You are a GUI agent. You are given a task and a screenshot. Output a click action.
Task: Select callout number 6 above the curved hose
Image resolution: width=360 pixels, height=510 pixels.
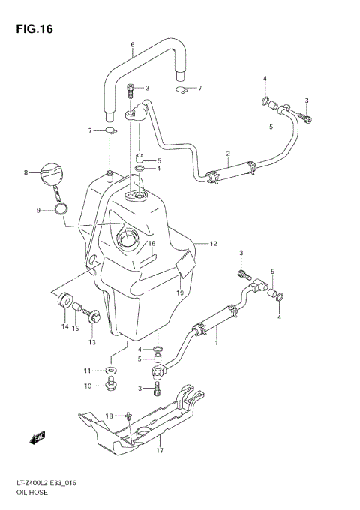click(x=133, y=44)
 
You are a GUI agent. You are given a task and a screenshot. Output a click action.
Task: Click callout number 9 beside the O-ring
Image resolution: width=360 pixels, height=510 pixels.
click(x=38, y=211)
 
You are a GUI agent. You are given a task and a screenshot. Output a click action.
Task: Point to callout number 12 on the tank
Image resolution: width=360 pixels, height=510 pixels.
click(x=213, y=243)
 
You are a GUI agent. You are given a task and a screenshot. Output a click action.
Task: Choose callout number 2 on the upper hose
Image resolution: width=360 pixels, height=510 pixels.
click(x=226, y=154)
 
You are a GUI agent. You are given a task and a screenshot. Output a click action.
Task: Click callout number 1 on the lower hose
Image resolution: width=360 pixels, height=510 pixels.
click(x=217, y=343)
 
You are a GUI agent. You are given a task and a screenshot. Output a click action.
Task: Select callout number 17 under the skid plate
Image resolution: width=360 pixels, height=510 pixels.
click(x=159, y=450)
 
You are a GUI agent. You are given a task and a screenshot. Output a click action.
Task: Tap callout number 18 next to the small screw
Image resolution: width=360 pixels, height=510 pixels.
click(x=109, y=415)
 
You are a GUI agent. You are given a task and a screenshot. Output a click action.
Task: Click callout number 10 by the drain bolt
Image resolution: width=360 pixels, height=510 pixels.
click(x=87, y=385)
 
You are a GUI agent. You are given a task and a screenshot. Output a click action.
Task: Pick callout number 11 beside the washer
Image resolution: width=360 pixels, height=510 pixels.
click(x=87, y=370)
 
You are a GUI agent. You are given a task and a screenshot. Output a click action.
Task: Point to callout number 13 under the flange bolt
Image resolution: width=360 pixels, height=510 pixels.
click(x=92, y=342)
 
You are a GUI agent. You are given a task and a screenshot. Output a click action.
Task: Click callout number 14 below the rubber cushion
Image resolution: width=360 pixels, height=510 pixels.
click(x=64, y=327)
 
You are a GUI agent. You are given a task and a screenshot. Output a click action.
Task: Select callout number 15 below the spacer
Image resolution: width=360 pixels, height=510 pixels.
click(x=76, y=327)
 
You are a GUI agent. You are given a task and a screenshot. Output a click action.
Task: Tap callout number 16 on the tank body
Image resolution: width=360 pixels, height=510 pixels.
click(x=151, y=243)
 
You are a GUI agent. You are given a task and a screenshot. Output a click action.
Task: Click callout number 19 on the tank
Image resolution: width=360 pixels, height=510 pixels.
click(x=180, y=292)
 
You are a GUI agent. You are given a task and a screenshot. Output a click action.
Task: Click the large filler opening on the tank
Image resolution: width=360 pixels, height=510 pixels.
click(x=126, y=241)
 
